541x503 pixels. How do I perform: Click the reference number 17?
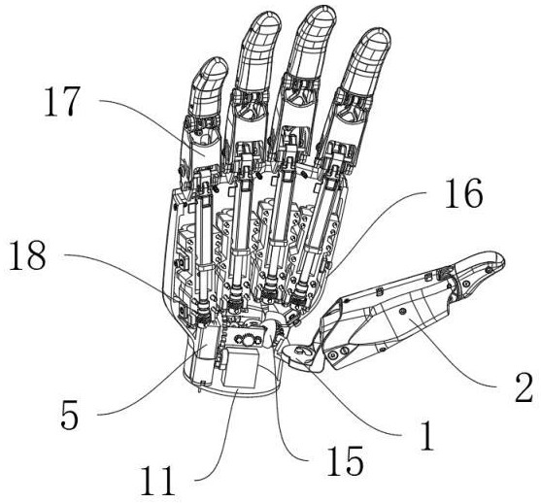click(62, 101)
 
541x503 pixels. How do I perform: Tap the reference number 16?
click(464, 193)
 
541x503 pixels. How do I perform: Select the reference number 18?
click(27, 255)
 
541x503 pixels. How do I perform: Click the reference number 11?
click(157, 481)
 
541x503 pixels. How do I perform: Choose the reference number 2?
click(524, 387)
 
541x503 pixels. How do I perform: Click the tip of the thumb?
click(503, 258)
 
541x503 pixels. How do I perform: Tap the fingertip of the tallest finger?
click(322, 8)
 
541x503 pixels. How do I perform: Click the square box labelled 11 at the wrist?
click(241, 367)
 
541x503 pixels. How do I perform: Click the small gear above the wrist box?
click(248, 340)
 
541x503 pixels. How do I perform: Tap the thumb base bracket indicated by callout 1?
click(299, 355)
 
